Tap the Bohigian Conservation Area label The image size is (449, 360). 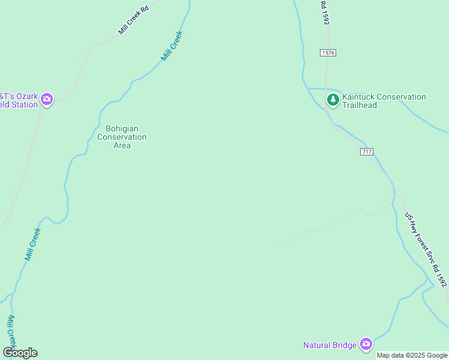[122, 137]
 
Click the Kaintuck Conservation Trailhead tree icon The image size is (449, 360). [333, 100]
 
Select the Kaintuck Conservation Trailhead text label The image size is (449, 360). [383, 101]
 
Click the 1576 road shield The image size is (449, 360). [328, 53]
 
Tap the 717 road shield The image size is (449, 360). [367, 152]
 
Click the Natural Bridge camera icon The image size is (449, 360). [366, 344]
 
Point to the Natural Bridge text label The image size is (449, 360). [330, 345]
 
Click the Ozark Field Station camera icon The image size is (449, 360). [47, 100]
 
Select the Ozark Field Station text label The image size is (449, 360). [19, 100]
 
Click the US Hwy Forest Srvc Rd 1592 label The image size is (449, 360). [426, 248]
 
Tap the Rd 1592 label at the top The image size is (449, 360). [325, 12]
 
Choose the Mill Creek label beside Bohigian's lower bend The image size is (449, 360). [33, 244]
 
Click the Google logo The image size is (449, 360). [20, 353]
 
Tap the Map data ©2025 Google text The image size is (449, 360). [412, 355]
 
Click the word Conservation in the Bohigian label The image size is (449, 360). [122, 137]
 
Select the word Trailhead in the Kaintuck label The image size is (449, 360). [360, 105]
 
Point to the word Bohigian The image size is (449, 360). [122, 128]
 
